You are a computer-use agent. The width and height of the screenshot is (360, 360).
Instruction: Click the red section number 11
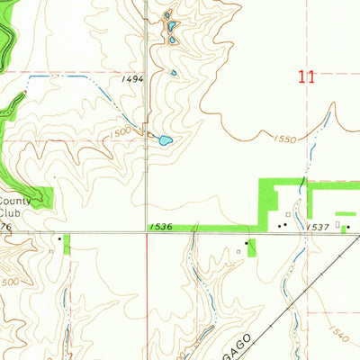click(x=307, y=77)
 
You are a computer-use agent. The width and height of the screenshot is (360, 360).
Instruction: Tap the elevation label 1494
click(x=133, y=80)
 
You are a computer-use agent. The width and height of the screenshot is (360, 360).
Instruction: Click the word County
click(x=13, y=202)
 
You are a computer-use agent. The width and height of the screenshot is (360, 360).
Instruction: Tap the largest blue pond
click(x=164, y=139)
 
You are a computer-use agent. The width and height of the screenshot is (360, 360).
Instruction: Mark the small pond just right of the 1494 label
click(x=173, y=74)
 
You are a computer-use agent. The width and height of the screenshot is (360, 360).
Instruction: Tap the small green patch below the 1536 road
click(x=252, y=247)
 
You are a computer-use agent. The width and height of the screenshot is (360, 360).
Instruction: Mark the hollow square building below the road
click(x=238, y=252)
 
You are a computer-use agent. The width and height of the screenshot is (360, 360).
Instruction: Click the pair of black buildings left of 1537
click(x=282, y=225)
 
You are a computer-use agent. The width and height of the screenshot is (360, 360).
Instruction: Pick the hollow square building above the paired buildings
click(x=288, y=213)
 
